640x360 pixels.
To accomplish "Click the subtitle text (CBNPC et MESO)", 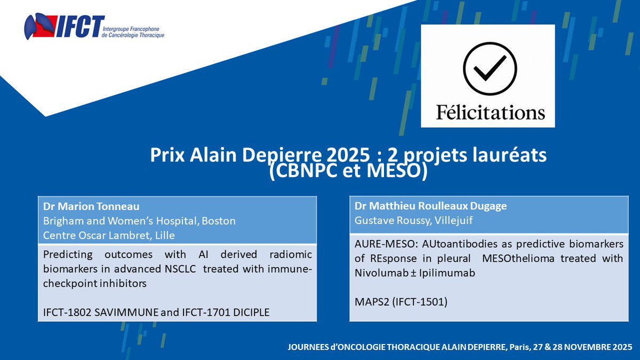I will [348, 173].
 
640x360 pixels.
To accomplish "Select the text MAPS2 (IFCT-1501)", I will [401, 302].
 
